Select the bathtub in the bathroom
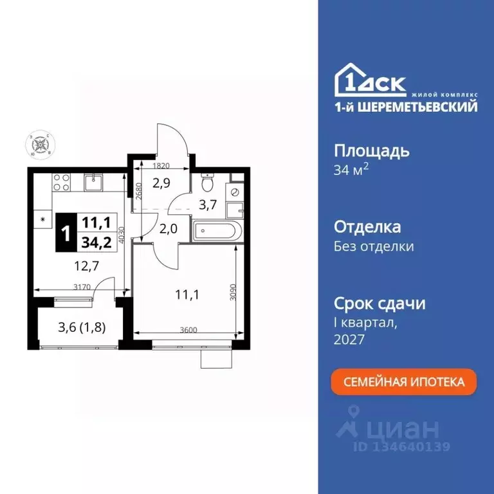tap(218, 230)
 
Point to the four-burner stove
tap(61, 182)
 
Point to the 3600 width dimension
tap(189, 330)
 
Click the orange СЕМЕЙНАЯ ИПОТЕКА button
tap(404, 381)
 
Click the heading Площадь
tap(372, 151)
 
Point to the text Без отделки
tap(374, 246)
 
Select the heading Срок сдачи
tap(380, 304)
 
